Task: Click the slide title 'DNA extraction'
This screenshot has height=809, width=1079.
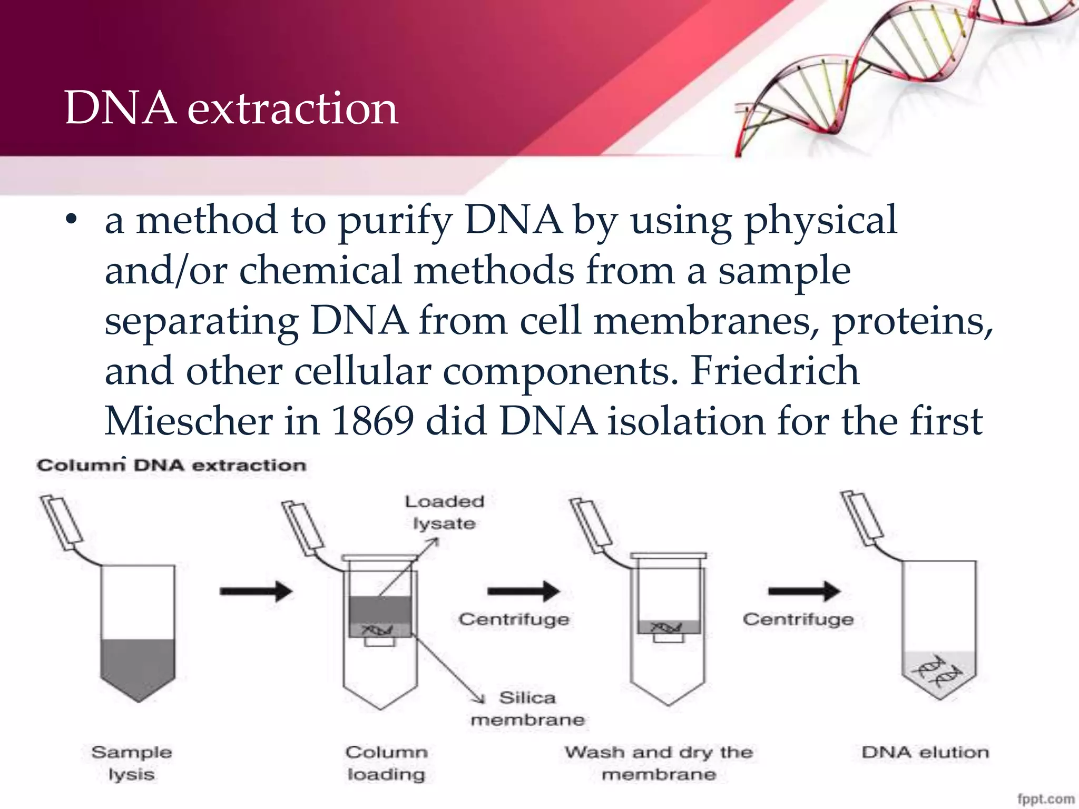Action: [x=231, y=108]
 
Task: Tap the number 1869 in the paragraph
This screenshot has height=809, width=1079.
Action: [x=372, y=421]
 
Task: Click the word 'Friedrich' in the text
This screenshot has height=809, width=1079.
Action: [x=774, y=371]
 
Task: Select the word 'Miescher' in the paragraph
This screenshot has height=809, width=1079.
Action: [x=188, y=421]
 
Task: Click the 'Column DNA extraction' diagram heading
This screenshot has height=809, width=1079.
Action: [x=171, y=466]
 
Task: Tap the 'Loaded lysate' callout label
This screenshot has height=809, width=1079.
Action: [x=444, y=512]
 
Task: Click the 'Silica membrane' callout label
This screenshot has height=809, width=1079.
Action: [x=527, y=708]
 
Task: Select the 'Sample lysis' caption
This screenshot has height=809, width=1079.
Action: [x=132, y=763]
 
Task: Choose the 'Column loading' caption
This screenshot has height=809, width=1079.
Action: [x=386, y=763]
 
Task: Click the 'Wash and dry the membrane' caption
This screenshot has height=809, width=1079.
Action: [x=659, y=763]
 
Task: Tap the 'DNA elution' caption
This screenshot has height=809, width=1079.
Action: [x=925, y=752]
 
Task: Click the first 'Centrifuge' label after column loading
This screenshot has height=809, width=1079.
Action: [x=514, y=619]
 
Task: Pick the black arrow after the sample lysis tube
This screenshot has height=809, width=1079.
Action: [x=256, y=591]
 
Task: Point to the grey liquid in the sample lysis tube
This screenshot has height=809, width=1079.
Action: [x=138, y=666]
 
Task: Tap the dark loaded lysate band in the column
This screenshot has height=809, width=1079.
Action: [x=379, y=609]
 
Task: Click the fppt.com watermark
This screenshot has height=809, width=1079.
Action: [x=1045, y=799]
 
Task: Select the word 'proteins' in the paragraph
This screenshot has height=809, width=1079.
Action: [x=911, y=321]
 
